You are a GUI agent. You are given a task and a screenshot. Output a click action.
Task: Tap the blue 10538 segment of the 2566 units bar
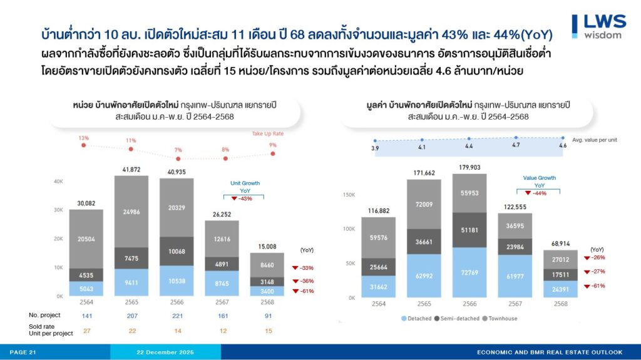176,281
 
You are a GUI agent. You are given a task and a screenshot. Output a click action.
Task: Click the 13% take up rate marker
83,145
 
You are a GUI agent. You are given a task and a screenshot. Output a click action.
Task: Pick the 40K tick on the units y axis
59,181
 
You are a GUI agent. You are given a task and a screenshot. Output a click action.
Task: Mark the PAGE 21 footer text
23,352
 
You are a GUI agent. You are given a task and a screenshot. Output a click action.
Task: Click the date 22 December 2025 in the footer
165,352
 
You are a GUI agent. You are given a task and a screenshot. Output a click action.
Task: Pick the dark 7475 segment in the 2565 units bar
131,258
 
